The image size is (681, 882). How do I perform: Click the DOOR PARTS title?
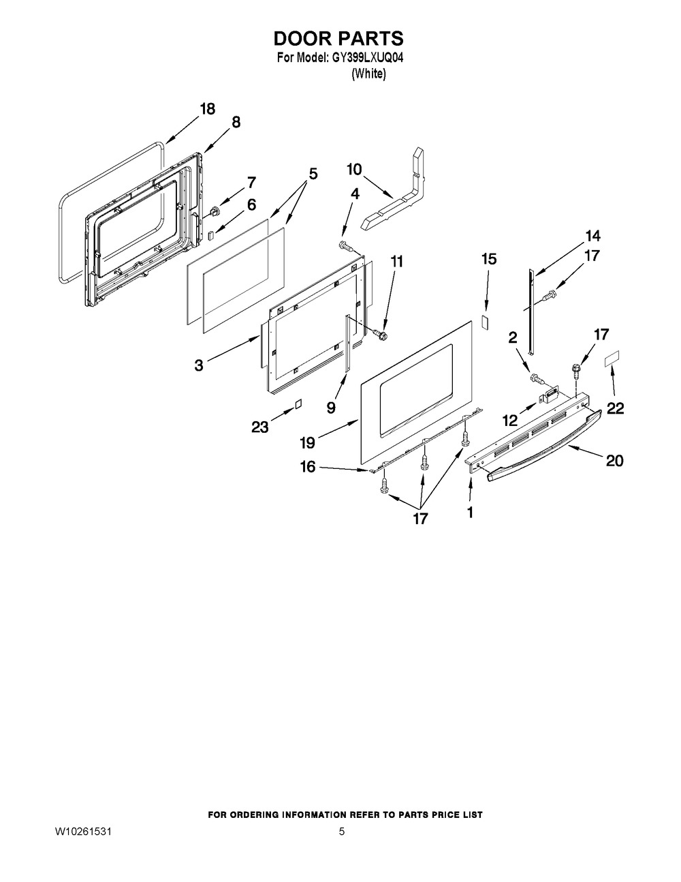pyautogui.click(x=339, y=37)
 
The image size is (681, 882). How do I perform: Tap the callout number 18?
pyautogui.click(x=207, y=108)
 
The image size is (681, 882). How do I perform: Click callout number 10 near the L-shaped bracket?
pyautogui.click(x=354, y=170)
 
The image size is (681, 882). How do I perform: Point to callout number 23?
pyautogui.click(x=259, y=427)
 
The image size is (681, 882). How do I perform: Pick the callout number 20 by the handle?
pyautogui.click(x=614, y=461)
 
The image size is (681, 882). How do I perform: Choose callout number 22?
pyautogui.click(x=615, y=408)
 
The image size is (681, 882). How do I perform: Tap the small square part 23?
pyautogui.click(x=297, y=404)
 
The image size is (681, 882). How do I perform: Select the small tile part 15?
pyautogui.click(x=486, y=320)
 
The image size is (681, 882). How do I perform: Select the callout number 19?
pyautogui.click(x=307, y=443)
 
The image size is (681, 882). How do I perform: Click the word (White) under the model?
pyautogui.click(x=368, y=75)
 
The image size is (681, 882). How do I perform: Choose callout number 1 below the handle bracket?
pyautogui.click(x=470, y=512)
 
